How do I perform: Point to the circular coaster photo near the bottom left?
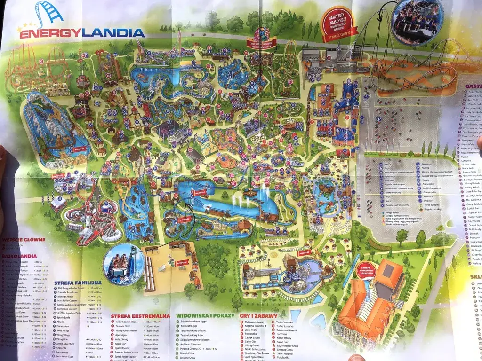123,264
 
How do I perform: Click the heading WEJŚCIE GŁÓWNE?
24,239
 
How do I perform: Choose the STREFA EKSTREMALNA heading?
140,316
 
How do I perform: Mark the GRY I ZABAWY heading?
258,315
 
